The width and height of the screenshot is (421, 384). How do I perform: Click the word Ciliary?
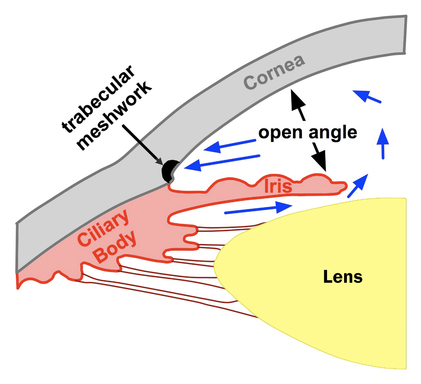pyautogui.click(x=104, y=228)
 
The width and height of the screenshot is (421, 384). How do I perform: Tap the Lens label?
pyautogui.click(x=343, y=276)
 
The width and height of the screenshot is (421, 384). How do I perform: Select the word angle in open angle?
pyautogui.click(x=333, y=133)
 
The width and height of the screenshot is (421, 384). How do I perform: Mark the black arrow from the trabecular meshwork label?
pyautogui.click(x=143, y=145)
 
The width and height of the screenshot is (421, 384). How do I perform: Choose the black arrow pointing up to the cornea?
pyautogui.click(x=299, y=104)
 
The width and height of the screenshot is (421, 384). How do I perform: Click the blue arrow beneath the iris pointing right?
pyautogui.click(x=258, y=209)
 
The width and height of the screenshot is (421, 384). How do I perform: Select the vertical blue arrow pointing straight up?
pyautogui.click(x=383, y=143)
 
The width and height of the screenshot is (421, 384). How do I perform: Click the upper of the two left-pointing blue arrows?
pyautogui.click(x=230, y=146)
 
